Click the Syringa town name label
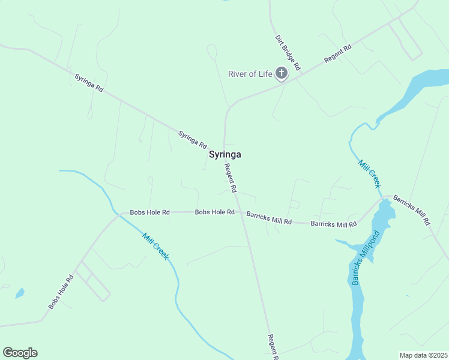tap(225, 154)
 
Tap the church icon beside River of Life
tap(282, 74)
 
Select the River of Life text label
tap(250, 74)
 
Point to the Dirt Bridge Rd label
tap(288, 52)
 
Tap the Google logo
tap(20, 353)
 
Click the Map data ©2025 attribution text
tap(423, 355)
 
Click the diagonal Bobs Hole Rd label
tap(61, 292)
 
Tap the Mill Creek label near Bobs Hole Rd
tap(155, 246)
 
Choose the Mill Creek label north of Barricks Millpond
tap(370, 173)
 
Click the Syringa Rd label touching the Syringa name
tap(192, 140)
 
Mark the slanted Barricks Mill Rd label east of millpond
tap(412, 210)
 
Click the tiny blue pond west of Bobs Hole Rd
tap(20, 293)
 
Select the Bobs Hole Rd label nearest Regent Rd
tap(214, 212)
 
